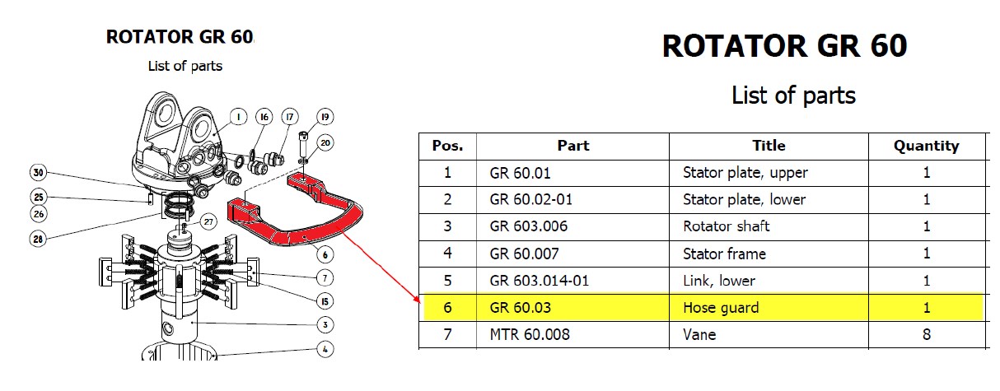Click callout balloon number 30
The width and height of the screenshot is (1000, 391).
[39, 173]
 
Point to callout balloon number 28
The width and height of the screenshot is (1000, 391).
[39, 239]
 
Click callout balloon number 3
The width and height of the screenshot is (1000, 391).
[326, 324]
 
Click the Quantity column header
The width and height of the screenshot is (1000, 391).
[927, 146]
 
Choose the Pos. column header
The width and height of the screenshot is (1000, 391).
[448, 146]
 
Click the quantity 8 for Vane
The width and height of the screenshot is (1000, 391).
[927, 334]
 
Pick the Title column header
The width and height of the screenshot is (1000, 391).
[769, 146]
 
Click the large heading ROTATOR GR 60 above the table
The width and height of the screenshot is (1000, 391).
[784, 46]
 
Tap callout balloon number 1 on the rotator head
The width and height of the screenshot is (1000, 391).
[237, 117]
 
